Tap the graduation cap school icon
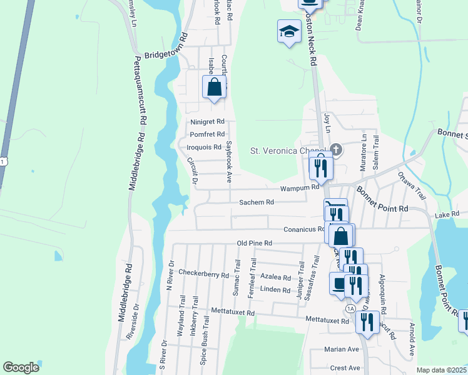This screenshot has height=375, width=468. coord(289,32)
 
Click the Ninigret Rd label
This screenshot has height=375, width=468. coord(208,122)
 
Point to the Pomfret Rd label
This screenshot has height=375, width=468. coord(207,134)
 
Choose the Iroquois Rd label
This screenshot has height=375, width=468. coord(204,147)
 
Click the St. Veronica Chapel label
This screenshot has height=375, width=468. coord(287,151)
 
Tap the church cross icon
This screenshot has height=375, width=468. coord(336,149)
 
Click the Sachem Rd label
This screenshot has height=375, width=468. coord(257,202)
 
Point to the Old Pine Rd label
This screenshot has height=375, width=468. coord(254,242)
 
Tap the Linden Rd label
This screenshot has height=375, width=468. coord(275,290)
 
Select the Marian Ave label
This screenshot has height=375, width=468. coord(342,349)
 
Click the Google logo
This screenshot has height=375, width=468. coord(21,367)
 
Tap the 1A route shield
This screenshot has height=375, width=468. coord(350,309)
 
